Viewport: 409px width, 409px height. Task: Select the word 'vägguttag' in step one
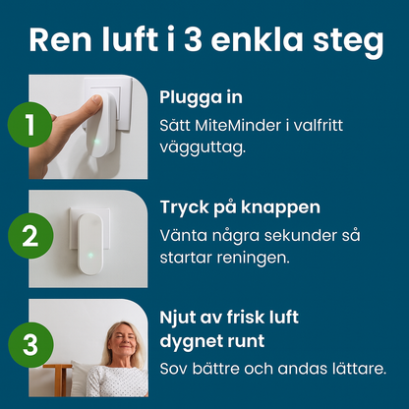(x=198, y=148)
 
